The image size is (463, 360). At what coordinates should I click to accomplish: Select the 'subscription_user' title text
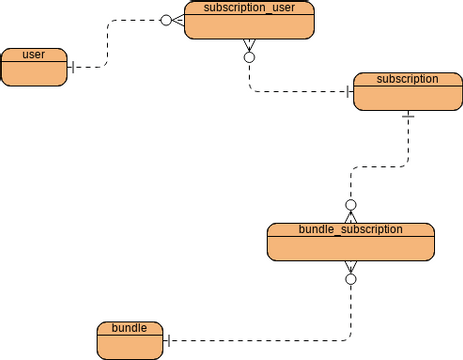click(249, 8)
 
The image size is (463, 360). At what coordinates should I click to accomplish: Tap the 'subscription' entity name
click(407, 78)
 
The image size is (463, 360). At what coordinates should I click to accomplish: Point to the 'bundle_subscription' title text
click(350, 229)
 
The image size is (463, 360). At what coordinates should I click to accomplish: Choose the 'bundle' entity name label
click(129, 328)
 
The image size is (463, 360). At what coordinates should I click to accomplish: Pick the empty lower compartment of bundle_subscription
click(350, 248)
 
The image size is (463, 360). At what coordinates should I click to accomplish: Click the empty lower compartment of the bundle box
click(129, 347)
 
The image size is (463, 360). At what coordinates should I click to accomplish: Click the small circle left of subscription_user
click(167, 19)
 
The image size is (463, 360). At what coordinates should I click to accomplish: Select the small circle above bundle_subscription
click(351, 204)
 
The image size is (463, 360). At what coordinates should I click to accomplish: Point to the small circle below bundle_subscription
click(351, 279)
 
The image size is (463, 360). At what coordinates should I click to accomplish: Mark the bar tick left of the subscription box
click(347, 92)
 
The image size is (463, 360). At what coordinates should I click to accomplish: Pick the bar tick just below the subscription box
click(407, 116)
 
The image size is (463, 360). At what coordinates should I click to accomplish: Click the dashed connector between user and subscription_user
click(106, 45)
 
